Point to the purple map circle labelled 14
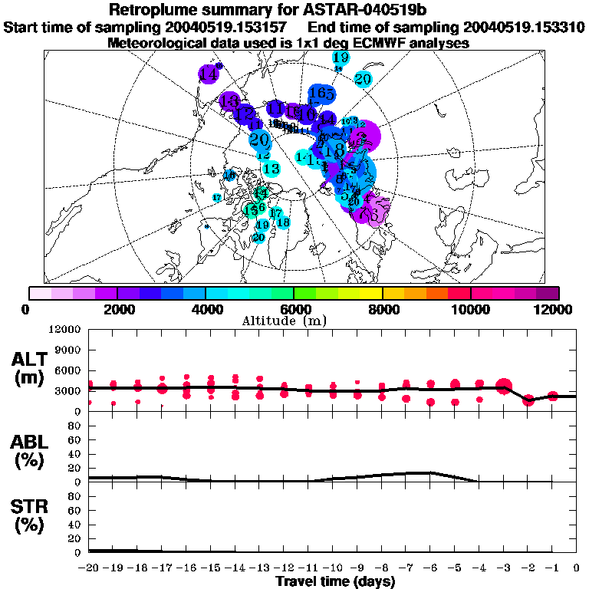pyautogui.click(x=209, y=74)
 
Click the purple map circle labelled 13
pyautogui.click(x=229, y=100)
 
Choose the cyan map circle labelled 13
pyautogui.click(x=270, y=169)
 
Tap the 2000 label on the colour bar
pyautogui.click(x=116, y=309)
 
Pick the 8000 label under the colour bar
pyautogui.click(x=381, y=309)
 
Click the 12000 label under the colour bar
pyautogui.click(x=555, y=309)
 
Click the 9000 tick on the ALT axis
pyautogui.click(x=70, y=350)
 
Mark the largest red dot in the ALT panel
pyautogui.click(x=504, y=386)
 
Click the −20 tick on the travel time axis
pyautogui.click(x=89, y=568)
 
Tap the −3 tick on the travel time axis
pyautogui.click(x=503, y=568)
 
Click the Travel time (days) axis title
pyautogui.click(x=336, y=581)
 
